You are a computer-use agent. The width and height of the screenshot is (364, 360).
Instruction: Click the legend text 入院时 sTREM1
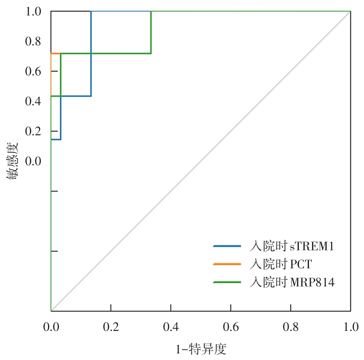291,246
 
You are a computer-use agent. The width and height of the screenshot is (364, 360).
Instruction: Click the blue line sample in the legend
227,246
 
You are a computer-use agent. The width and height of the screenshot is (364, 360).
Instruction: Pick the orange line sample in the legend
227,264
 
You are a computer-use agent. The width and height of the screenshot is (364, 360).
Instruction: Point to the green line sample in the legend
227,282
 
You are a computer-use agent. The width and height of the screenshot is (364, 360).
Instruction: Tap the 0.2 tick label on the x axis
111,327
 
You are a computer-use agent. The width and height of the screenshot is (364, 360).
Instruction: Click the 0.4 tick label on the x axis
171,327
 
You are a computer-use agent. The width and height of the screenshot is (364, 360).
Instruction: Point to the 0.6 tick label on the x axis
231,327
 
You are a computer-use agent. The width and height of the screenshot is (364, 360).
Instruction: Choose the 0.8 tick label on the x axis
290,327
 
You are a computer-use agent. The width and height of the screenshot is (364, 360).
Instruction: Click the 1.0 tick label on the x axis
350,327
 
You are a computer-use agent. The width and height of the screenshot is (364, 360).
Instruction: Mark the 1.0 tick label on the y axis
33,12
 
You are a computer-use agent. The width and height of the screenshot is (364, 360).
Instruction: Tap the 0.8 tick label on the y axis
33,42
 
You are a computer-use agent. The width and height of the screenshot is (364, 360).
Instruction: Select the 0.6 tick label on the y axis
33,72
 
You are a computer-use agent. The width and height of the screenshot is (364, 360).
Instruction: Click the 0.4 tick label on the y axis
33,102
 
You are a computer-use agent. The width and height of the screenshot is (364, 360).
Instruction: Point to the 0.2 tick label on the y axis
33,132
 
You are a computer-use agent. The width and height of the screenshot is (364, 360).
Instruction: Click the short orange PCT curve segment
55,53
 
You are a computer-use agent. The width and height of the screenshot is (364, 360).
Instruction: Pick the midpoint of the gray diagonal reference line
201,161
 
